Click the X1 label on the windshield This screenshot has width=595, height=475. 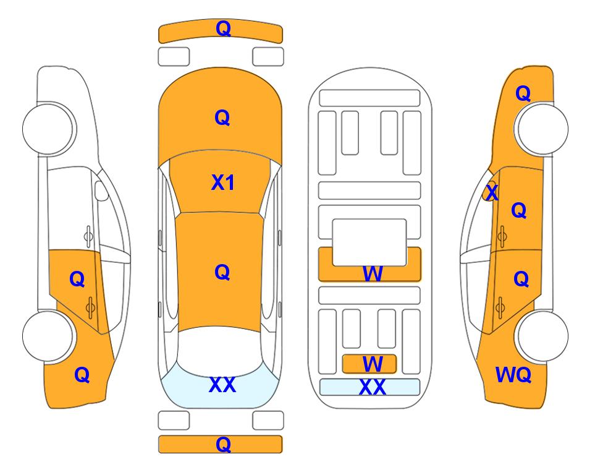[223, 182]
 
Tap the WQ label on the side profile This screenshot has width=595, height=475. [513, 375]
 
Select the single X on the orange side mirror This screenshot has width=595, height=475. [492, 192]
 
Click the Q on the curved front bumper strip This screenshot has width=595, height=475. [223, 28]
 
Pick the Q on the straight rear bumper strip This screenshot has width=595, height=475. [223, 444]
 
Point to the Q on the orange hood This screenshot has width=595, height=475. [222, 118]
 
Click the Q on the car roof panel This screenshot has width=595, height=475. [222, 272]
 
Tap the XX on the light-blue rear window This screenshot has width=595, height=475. [222, 385]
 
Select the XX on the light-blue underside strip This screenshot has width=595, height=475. [372, 387]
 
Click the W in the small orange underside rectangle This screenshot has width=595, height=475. [373, 364]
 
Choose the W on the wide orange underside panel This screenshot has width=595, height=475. [373, 273]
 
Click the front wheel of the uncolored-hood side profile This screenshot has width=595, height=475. [48, 129]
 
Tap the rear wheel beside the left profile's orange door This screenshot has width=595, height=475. [48, 336]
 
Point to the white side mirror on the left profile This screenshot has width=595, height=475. [101, 190]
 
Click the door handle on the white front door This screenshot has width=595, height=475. [88, 236]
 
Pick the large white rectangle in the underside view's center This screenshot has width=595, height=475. [369, 242]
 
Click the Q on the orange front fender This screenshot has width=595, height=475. [523, 93]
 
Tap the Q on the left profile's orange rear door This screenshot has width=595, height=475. [77, 280]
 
